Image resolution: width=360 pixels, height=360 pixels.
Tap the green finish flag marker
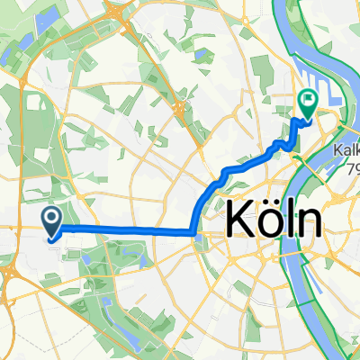[x=307, y=104]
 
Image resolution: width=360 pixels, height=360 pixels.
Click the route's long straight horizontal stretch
[x=126, y=230]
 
